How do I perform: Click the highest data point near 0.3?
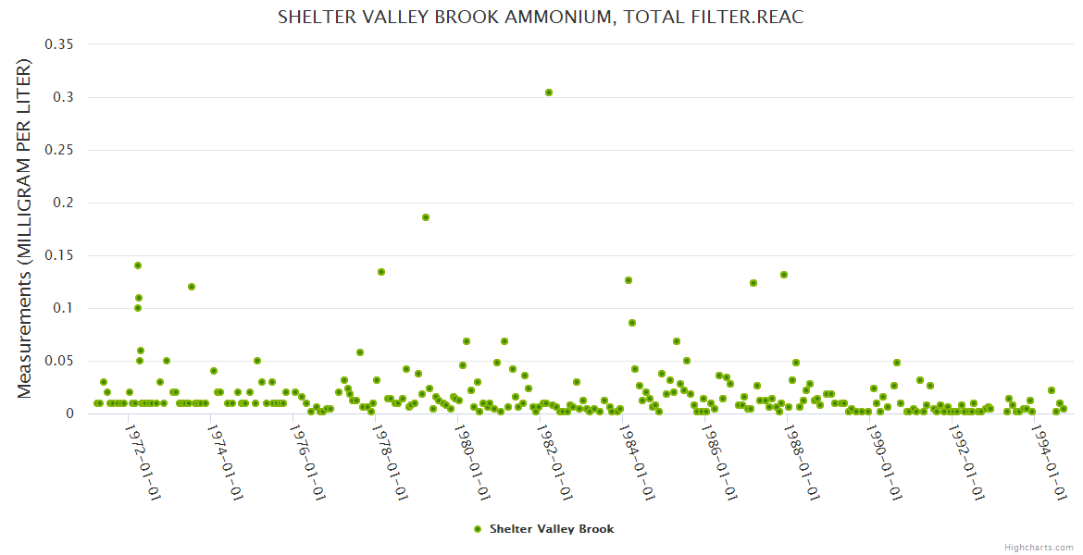pos(549,92)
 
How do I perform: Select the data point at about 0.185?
pos(426,217)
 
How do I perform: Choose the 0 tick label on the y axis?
pos(68,413)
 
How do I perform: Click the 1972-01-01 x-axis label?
pos(143,462)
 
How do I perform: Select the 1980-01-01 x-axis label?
pos(473,462)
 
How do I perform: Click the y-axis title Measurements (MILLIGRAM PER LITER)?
pos(24,228)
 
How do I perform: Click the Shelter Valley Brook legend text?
pos(552,529)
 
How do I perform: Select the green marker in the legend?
pos(478,529)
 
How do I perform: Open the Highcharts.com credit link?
pos(1039,547)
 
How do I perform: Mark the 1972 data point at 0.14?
pos(138,265)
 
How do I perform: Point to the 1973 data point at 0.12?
pos(192,287)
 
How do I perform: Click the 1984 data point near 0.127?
pos(629,280)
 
